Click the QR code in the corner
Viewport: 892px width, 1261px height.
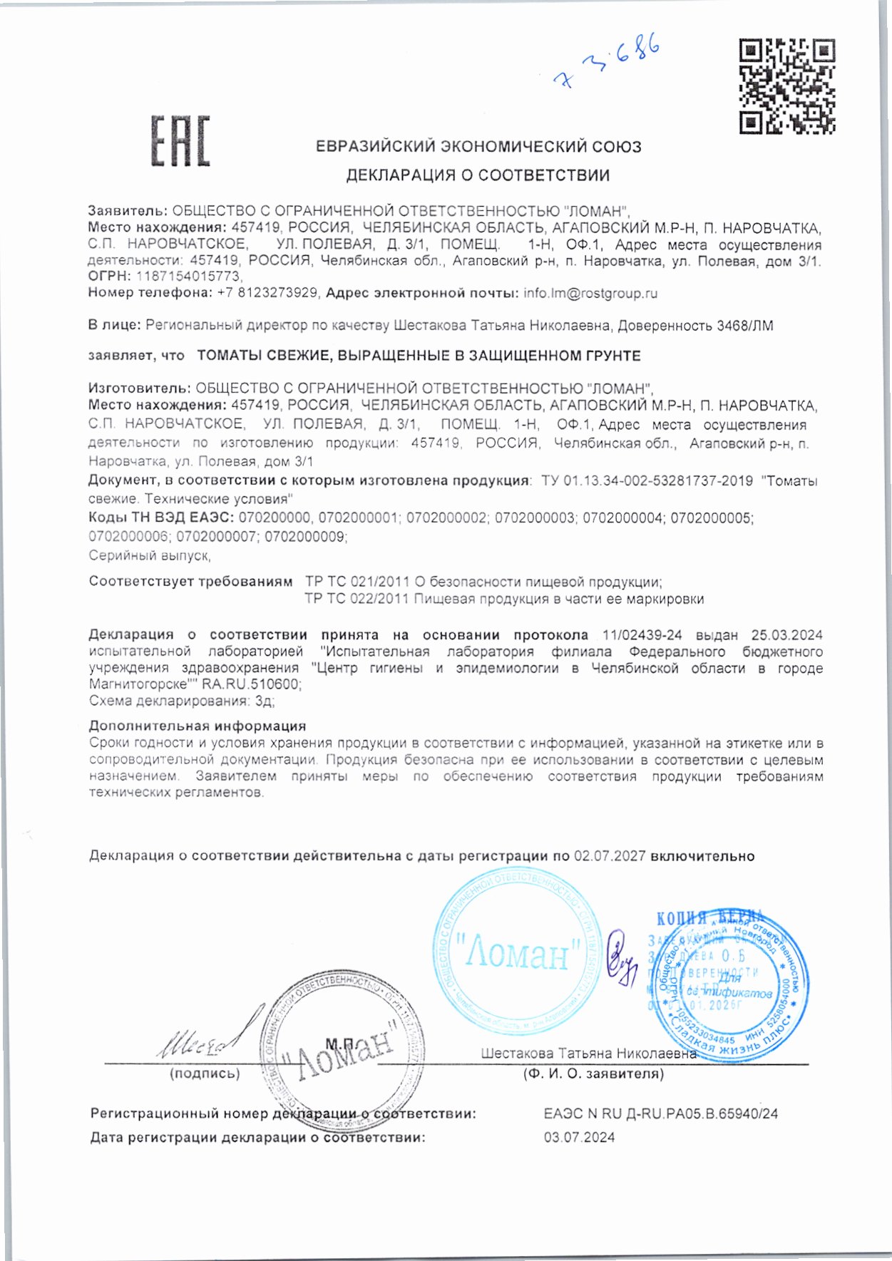786,87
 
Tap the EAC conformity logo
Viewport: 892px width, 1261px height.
180,141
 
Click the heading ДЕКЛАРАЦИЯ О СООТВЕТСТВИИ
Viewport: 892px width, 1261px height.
478,175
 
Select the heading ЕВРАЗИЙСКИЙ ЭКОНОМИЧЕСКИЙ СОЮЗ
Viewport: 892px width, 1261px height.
478,147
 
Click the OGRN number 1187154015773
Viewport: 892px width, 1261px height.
189,277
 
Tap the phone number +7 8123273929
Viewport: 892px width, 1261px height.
267,293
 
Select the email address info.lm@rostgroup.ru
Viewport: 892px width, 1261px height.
590,293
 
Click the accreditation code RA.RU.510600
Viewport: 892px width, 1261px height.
251,684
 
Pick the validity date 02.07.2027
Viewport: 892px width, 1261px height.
610,856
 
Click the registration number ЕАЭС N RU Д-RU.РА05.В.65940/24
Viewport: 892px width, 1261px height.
660,1113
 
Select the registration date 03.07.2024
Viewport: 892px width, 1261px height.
579,1138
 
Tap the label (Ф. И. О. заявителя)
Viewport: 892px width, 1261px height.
593,1074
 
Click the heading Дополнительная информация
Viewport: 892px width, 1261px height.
198,726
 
